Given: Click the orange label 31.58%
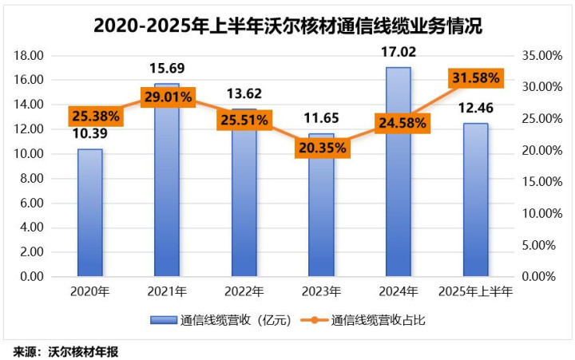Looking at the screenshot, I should tap(476, 77).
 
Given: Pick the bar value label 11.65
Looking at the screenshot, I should tap(322, 118).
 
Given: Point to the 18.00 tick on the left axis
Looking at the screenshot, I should tap(29, 56).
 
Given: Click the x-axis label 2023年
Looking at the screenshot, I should tap(322, 291).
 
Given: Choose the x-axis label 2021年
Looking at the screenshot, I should tap(167, 291).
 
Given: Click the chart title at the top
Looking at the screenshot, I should tap(287, 25).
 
